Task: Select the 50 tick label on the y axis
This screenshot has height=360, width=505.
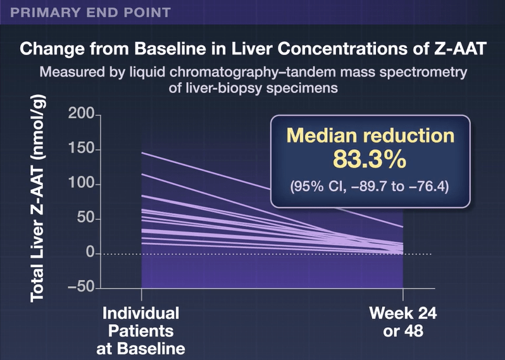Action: [x=84, y=219]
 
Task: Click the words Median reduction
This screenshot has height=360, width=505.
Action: [x=370, y=135]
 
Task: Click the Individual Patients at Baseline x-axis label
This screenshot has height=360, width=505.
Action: [x=141, y=330]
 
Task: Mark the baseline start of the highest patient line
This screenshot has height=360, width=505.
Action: [x=142, y=153]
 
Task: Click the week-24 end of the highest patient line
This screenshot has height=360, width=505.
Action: [x=402, y=227]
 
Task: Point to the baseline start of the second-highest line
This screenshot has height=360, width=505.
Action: [x=142, y=174]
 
